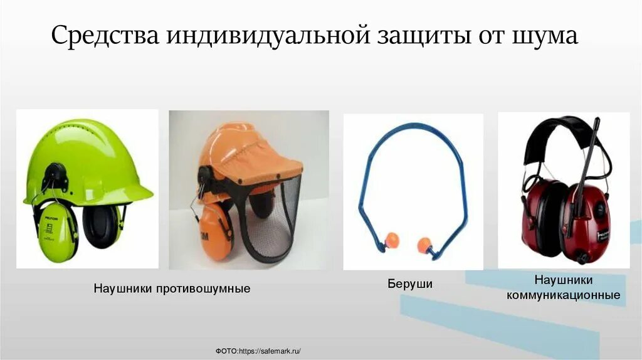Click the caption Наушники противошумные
point(172,289)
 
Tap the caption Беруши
point(409,284)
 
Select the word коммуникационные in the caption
point(564,294)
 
